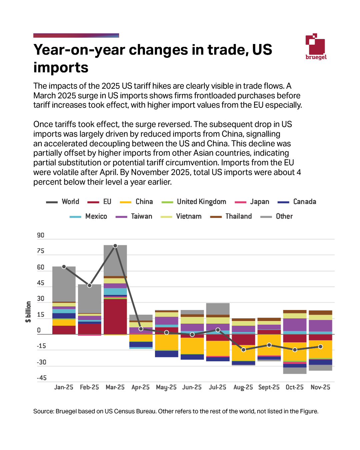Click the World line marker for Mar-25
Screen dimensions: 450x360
(x=115, y=246)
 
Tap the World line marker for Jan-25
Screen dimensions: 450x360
(x=64, y=267)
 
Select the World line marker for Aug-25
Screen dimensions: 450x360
(x=243, y=350)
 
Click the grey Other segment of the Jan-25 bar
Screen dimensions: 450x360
(x=64, y=283)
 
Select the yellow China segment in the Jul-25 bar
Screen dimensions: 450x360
(x=218, y=348)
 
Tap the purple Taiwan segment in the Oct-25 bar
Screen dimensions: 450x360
(x=295, y=324)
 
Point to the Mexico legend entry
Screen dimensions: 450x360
(x=89, y=216)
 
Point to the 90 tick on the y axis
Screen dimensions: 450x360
(x=41, y=235)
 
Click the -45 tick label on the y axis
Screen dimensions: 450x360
(x=42, y=378)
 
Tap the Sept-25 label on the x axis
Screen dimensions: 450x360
(x=269, y=387)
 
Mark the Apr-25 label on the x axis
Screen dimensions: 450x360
(x=141, y=387)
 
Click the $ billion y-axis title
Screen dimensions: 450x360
(x=28, y=312)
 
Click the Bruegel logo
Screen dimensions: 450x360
(x=316, y=47)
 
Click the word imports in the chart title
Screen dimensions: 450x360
(x=61, y=68)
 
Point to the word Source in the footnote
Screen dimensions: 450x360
(x=43, y=411)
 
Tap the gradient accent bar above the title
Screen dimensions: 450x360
(x=76, y=35)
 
